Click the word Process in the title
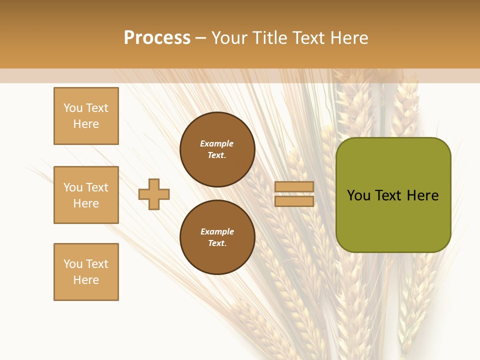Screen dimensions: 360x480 tap(157, 37)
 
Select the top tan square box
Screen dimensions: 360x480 tap(86, 116)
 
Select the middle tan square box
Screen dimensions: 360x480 tap(86, 195)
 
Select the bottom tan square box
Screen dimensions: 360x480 tap(86, 272)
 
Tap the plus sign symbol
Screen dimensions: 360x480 tap(154, 194)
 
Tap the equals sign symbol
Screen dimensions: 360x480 tap(294, 194)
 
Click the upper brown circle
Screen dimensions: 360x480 tap(217, 149)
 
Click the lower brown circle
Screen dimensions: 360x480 tap(217, 237)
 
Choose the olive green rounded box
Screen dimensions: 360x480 tap(393, 195)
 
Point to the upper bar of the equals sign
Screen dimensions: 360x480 tap(294, 187)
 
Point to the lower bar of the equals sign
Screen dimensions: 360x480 tap(294, 201)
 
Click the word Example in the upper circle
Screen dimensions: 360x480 tap(216, 143)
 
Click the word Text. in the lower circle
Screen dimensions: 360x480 tap(217, 243)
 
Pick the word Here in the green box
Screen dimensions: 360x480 tap(422, 195)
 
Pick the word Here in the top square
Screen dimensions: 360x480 tap(86, 124)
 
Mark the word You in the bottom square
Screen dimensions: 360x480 tap(73, 264)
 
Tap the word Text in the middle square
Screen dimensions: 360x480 tap(96, 187)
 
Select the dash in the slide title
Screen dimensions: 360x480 tap(200, 38)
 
